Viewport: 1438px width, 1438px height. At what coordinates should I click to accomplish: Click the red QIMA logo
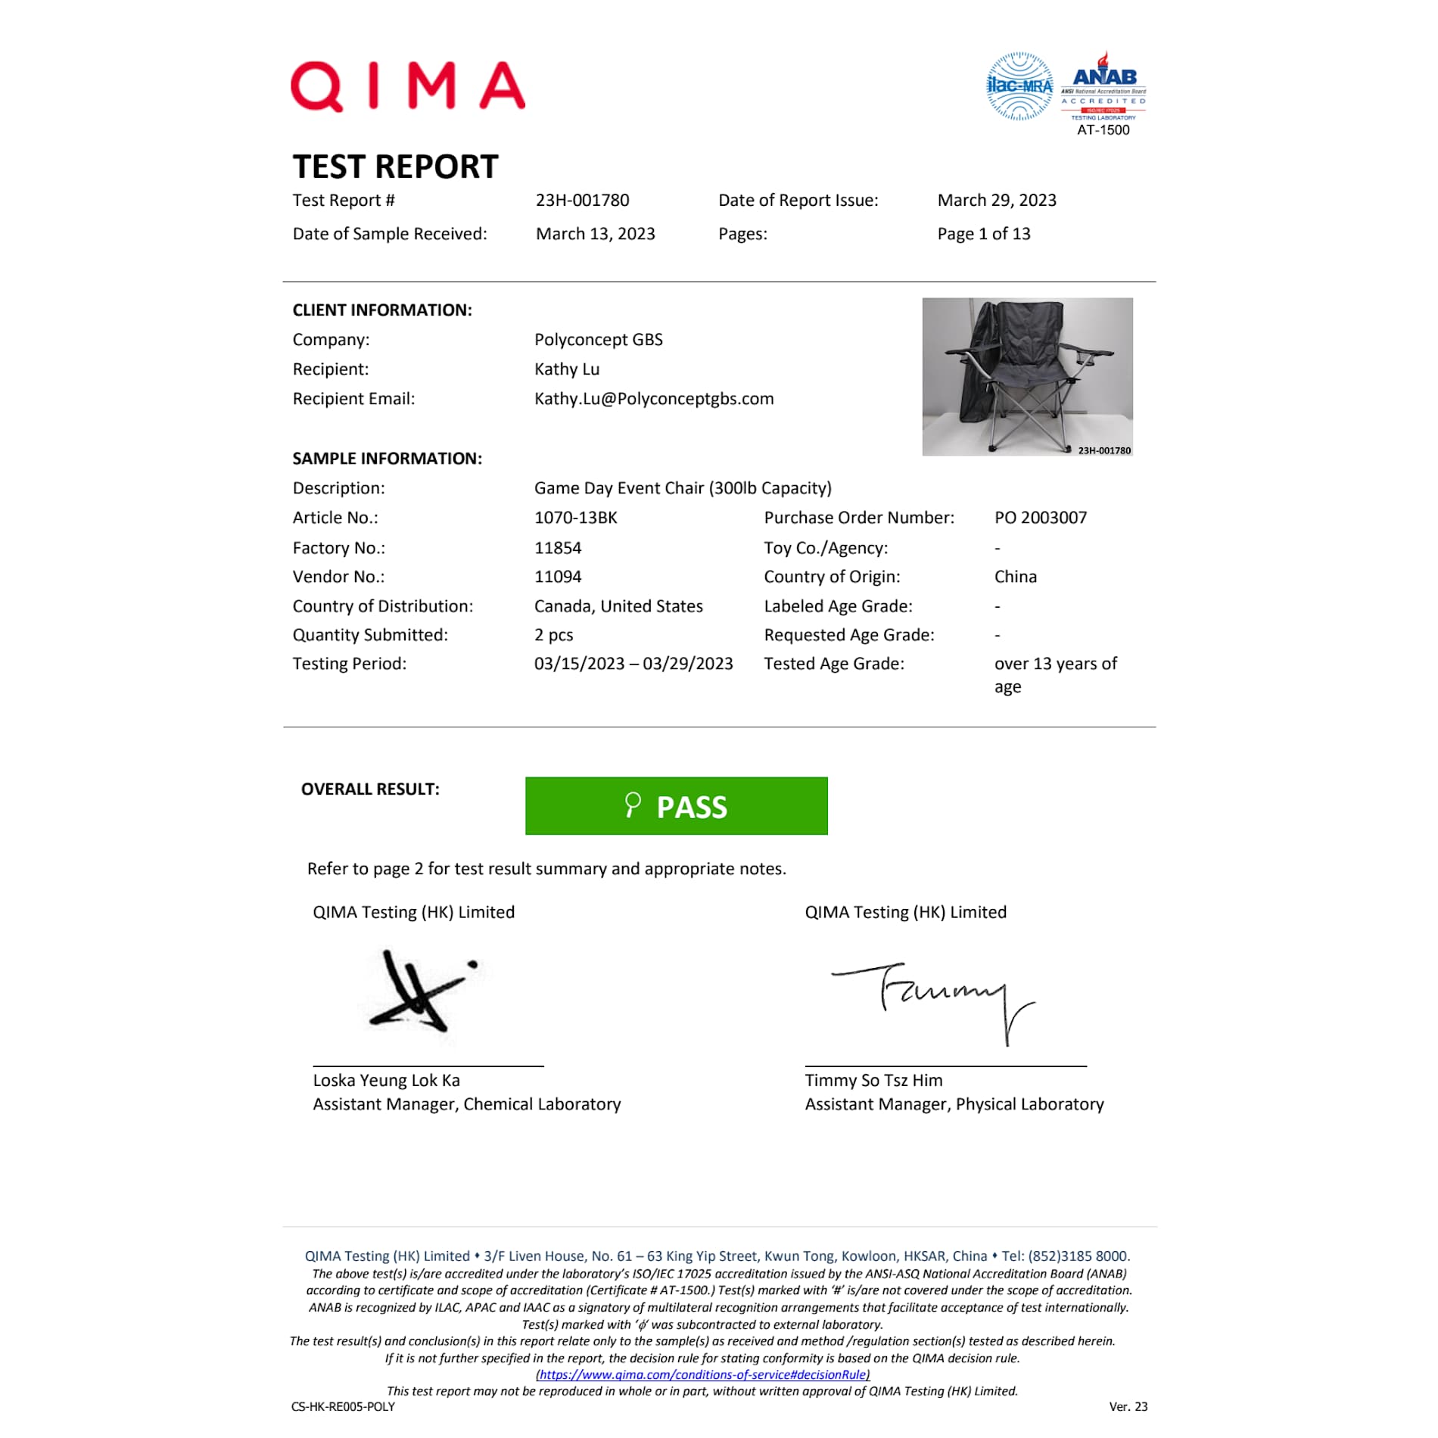pyautogui.click(x=407, y=86)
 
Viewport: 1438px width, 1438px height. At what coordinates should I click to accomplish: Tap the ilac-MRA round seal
pyautogui.click(x=1019, y=86)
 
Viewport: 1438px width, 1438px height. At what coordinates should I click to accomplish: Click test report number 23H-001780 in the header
pyautogui.click(x=582, y=201)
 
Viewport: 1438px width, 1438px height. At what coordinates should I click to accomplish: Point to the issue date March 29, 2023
pyautogui.click(x=996, y=201)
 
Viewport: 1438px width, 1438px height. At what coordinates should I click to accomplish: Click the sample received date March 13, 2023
pyautogui.click(x=595, y=234)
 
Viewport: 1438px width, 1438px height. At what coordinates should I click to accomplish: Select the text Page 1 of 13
pyautogui.click(x=983, y=234)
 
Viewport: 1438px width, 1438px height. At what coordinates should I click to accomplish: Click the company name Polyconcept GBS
pyautogui.click(x=598, y=340)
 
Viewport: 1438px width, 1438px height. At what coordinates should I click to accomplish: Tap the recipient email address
pyautogui.click(x=653, y=399)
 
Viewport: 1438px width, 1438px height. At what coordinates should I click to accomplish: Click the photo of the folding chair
pyautogui.click(x=1026, y=376)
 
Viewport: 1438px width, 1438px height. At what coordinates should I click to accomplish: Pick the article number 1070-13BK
pyautogui.click(x=575, y=518)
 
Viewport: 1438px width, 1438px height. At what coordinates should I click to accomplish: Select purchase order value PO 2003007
pyautogui.click(x=1040, y=518)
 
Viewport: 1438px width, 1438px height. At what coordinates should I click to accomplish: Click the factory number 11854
pyautogui.click(x=558, y=548)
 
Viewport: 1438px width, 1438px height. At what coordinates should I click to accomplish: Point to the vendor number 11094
pyautogui.click(x=558, y=577)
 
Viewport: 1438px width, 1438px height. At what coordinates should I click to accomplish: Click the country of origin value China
pyautogui.click(x=1015, y=577)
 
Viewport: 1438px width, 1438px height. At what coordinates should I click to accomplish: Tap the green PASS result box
pyautogui.click(x=676, y=806)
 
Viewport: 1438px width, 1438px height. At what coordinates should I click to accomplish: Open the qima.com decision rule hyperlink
pyautogui.click(x=702, y=1374)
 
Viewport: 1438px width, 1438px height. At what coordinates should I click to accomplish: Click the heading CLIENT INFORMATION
pyautogui.click(x=382, y=310)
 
